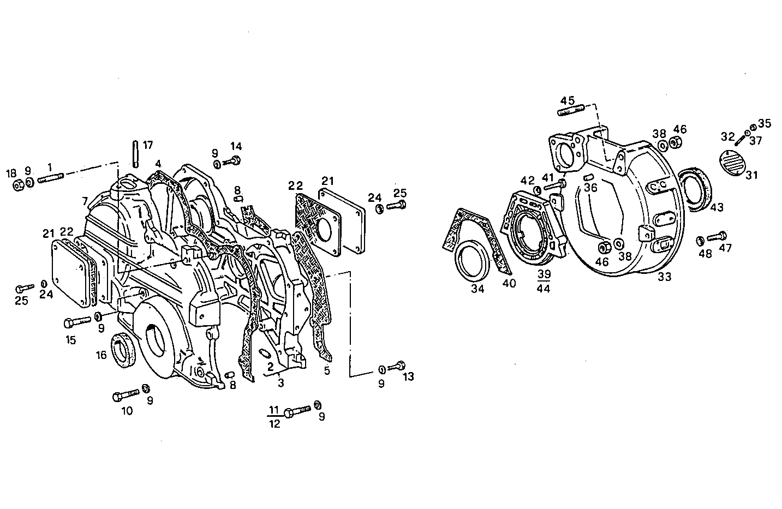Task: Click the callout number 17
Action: click(148, 145)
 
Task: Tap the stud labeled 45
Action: click(571, 110)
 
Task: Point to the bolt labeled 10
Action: click(126, 395)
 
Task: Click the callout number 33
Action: click(664, 277)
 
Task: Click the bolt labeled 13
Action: click(399, 365)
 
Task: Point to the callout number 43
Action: click(717, 207)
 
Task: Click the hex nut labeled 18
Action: click(17, 185)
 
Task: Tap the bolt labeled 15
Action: click(77, 321)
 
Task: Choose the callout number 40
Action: click(509, 283)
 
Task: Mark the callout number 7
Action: click(85, 202)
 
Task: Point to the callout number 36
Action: click(590, 187)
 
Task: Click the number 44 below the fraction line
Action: click(543, 289)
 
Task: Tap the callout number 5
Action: click(327, 371)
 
